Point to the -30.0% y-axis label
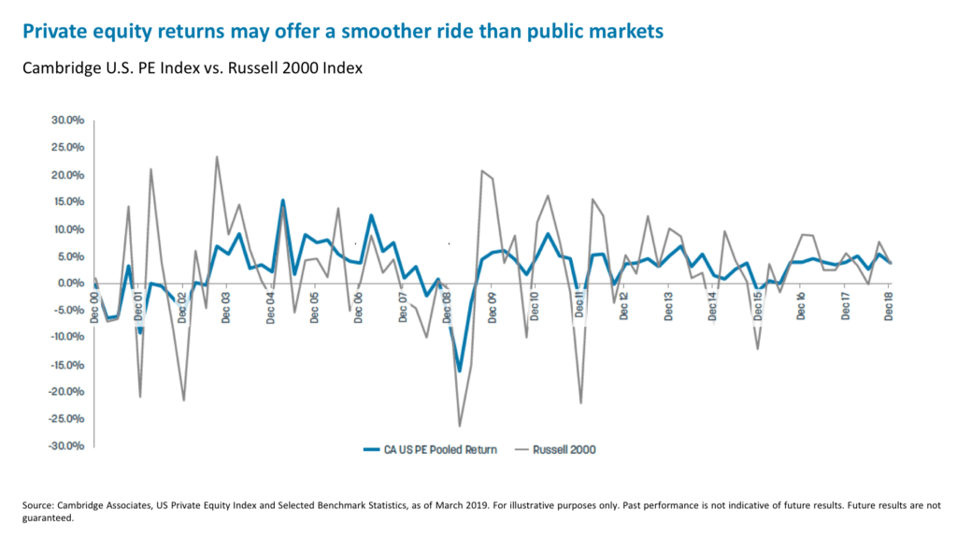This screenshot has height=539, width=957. click(67, 445)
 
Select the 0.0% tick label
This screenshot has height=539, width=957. click(72, 283)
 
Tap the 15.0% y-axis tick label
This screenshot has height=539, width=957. click(69, 202)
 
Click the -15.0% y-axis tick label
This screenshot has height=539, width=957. click(67, 364)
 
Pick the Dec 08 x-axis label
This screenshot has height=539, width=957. click(447, 306)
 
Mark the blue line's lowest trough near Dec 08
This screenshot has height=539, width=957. click(460, 371)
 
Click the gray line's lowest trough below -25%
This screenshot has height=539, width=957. click(460, 426)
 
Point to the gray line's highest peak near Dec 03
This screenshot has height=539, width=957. click(217, 157)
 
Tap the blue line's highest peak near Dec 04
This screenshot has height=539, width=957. click(283, 200)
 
